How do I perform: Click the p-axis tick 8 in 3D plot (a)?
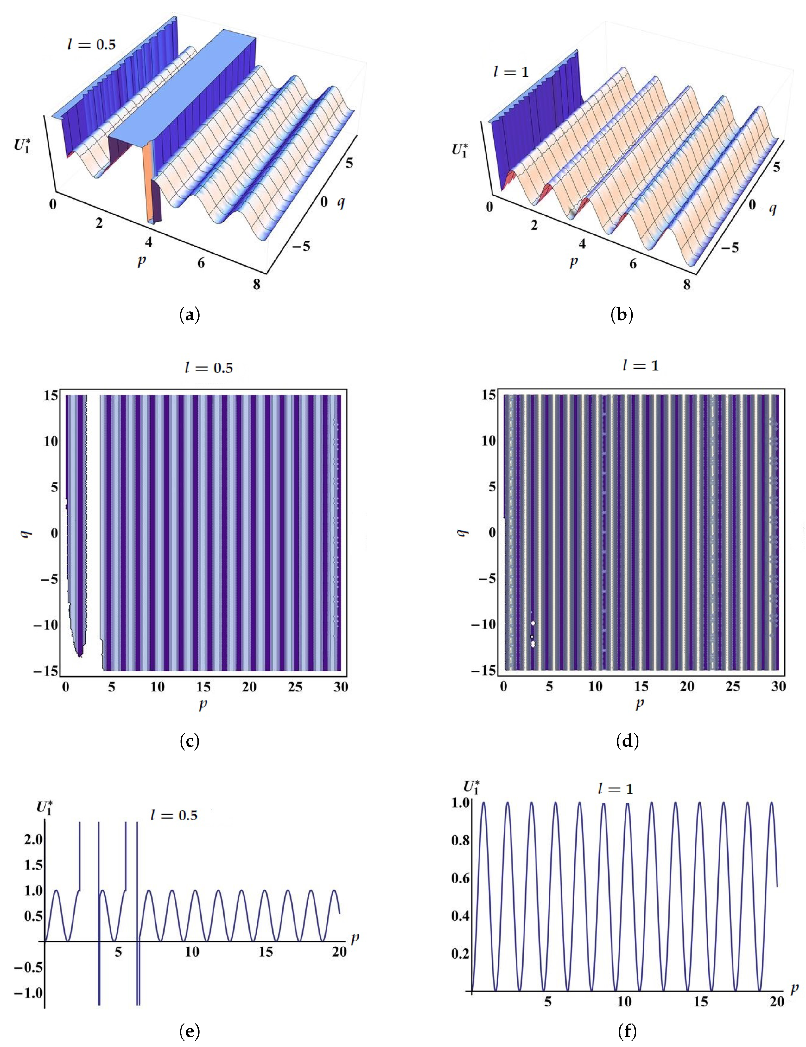coord(257,284)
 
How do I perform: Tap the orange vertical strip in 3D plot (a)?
coord(149,182)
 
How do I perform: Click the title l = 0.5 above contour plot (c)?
coord(209,368)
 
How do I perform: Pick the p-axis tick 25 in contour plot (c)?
coord(295,687)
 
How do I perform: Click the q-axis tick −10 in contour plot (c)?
coord(48,624)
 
